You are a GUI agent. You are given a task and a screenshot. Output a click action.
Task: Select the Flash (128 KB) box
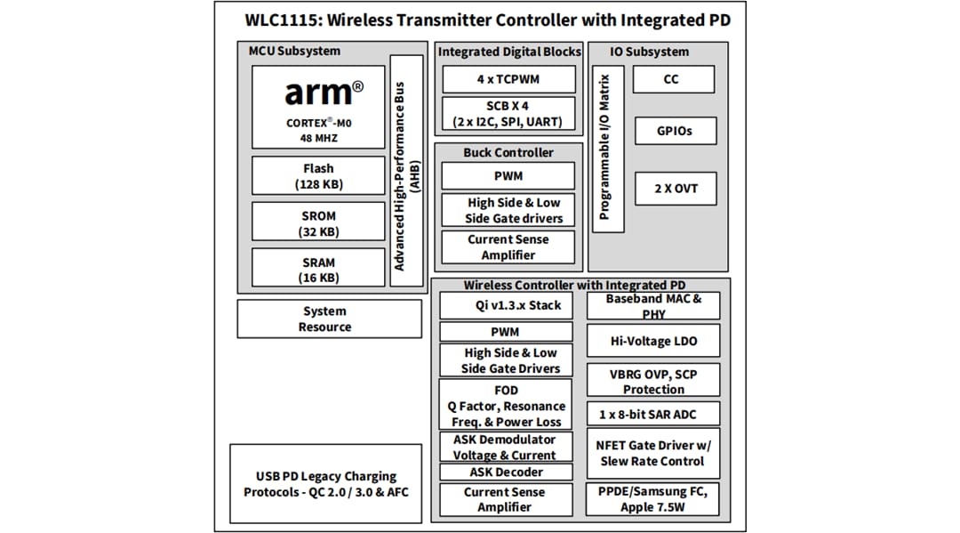(318, 176)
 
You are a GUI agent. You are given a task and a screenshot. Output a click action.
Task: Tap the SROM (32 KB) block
(318, 223)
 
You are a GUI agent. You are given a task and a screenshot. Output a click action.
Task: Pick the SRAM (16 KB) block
(318, 270)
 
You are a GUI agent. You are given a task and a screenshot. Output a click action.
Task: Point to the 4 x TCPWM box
(508, 79)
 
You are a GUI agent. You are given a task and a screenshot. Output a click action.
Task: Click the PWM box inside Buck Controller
(508, 176)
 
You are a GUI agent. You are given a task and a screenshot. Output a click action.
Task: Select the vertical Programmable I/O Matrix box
(607, 148)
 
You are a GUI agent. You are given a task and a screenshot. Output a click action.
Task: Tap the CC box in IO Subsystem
(672, 79)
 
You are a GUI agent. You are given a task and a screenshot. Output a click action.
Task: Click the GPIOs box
(674, 131)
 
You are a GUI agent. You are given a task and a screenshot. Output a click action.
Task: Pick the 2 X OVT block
(675, 189)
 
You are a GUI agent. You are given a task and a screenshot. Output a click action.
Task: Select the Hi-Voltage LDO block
(653, 341)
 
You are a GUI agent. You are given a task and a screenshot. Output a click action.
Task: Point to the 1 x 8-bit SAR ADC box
(653, 414)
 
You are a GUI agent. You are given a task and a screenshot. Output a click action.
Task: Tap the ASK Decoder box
(506, 472)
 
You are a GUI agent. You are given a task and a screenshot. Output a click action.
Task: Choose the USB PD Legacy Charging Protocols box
(326, 483)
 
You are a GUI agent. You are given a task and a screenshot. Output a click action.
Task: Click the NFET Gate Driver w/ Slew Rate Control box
(653, 453)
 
